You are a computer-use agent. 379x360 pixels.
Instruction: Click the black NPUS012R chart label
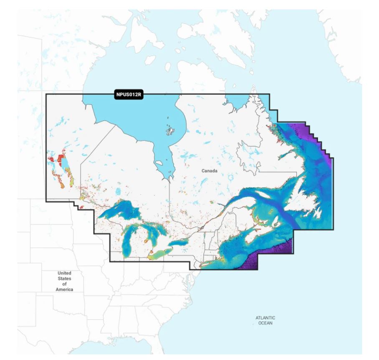click(129, 95)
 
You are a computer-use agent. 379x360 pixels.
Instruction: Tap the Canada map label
click(210, 171)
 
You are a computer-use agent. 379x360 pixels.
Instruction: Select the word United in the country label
click(64, 273)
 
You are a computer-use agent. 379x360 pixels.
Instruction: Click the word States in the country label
click(64, 279)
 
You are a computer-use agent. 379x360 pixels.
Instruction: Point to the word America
click(64, 289)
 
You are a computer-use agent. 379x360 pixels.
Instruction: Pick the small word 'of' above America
click(64, 284)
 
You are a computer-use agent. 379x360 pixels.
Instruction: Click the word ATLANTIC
click(265, 318)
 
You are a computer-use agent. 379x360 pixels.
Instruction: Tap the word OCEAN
click(265, 323)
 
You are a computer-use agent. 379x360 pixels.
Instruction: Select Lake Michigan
click(128, 242)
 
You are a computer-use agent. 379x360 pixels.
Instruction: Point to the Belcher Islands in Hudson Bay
click(170, 131)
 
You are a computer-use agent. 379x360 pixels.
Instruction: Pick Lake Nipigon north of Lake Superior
click(119, 192)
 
